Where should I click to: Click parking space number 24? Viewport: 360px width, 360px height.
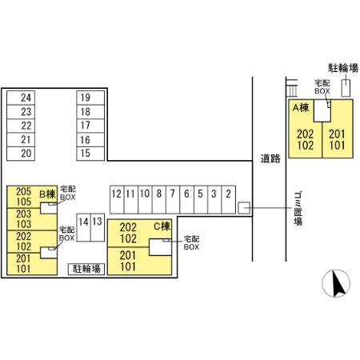(x=21, y=98)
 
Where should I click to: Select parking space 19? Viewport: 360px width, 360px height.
(x=90, y=98)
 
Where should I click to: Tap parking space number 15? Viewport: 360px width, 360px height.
(x=90, y=154)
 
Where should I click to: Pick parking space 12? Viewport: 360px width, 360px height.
(x=117, y=200)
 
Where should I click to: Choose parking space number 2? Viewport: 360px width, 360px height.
(x=229, y=200)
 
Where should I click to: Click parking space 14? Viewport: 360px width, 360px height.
(x=83, y=227)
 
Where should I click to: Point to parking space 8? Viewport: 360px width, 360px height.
(x=159, y=200)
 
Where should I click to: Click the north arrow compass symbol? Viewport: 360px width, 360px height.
(x=336, y=283)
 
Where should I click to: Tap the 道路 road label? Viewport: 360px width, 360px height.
(x=270, y=158)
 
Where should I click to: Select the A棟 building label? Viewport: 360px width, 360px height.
(x=301, y=108)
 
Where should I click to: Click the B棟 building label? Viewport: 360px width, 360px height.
(x=48, y=194)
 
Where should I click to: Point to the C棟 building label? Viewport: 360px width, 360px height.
(x=162, y=226)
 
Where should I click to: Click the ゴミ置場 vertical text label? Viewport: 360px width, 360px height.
(x=298, y=209)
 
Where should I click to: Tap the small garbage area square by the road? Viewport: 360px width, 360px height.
(x=244, y=208)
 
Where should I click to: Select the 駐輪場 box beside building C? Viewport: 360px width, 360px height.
(x=86, y=269)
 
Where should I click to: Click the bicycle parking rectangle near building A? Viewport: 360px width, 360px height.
(x=346, y=88)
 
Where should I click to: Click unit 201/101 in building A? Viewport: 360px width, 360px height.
(x=338, y=140)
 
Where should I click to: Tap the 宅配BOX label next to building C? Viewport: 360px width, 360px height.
(x=191, y=243)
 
